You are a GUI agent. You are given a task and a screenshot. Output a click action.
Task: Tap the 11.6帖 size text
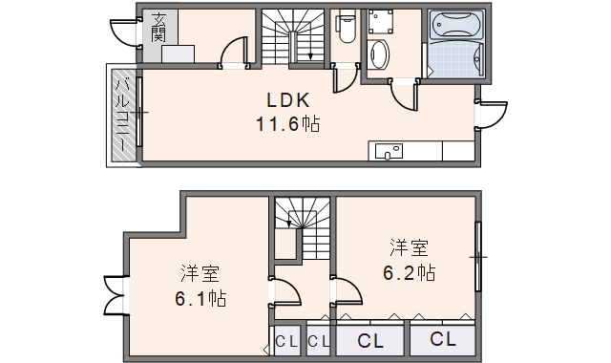(x=286, y=124)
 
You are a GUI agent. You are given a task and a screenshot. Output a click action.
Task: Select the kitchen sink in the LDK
(x=390, y=151)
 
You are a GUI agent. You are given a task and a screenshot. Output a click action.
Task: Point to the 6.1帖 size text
(x=200, y=299)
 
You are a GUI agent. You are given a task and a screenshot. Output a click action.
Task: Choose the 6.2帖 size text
(x=410, y=272)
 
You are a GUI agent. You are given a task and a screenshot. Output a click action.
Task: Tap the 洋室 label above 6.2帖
(x=409, y=248)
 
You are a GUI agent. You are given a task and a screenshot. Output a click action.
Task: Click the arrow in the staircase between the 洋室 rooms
(x=288, y=223)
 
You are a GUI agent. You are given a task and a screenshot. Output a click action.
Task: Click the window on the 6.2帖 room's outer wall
(x=479, y=255)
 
